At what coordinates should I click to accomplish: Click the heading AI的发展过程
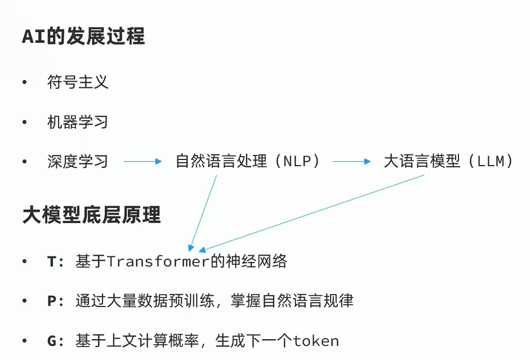pos(83,37)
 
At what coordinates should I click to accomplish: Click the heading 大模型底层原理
pos(91,215)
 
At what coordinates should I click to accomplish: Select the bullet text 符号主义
pos(78,83)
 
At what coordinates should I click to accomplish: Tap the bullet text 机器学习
pos(78,122)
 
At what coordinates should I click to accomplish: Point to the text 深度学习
pos(78,162)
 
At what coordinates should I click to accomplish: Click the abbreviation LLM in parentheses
pos(495,162)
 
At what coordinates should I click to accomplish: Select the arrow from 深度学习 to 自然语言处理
pos(142,162)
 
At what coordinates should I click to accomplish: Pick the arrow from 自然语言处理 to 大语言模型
pos(351,162)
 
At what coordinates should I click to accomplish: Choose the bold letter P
pos(52,301)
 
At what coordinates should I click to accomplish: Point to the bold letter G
pos(52,341)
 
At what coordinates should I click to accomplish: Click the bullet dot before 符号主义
pos(24,83)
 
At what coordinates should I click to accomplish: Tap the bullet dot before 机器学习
pos(24,122)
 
